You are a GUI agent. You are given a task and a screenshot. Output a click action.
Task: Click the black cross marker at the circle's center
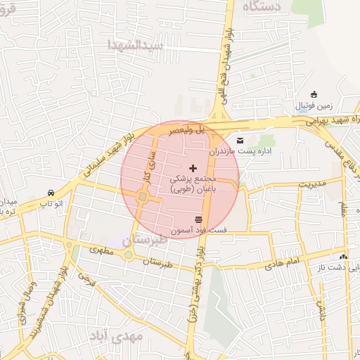click(193, 168)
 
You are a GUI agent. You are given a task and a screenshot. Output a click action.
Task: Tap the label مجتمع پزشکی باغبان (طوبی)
click(193, 184)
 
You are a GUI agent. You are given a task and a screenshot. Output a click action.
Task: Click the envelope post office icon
click(240, 140)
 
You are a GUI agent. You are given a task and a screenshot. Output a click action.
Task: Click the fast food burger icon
click(207, 219)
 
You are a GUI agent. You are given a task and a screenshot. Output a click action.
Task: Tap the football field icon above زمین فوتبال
click(314, 95)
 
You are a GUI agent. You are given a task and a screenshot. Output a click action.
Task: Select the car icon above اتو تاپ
click(51, 193)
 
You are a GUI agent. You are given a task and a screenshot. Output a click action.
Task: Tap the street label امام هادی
click(283, 262)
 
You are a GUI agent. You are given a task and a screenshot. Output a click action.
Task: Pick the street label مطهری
click(103, 250)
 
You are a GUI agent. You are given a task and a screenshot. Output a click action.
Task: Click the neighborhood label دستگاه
click(262, 7)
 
